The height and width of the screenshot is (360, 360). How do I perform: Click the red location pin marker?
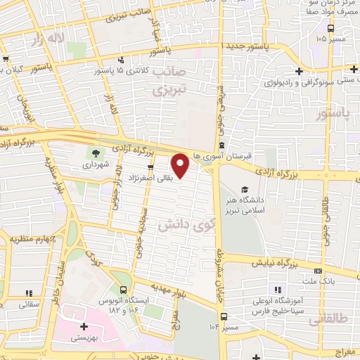181,166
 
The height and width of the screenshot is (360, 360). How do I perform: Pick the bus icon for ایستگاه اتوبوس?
124,290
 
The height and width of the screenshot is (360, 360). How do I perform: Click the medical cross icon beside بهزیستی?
84,326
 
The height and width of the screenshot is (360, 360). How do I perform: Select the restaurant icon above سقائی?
29,292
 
